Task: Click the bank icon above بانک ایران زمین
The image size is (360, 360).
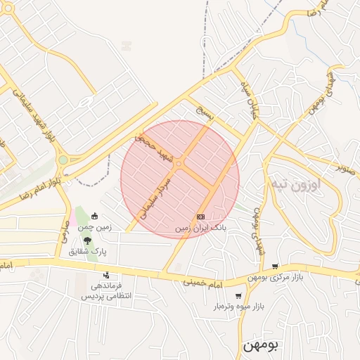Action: click(x=201, y=217)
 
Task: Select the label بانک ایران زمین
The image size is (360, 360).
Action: click(x=201, y=229)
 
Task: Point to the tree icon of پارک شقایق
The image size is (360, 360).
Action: click(x=87, y=240)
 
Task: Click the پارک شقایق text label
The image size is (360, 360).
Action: click(x=88, y=251)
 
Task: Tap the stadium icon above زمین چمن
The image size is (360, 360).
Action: click(x=95, y=216)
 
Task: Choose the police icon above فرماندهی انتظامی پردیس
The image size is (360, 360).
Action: click(x=106, y=274)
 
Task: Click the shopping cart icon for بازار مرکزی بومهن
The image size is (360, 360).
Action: click(x=275, y=266)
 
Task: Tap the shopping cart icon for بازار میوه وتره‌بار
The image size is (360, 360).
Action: click(x=239, y=296)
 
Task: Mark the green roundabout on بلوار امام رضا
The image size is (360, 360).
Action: click(x=63, y=160)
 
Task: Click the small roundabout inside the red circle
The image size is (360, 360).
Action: click(x=179, y=164)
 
